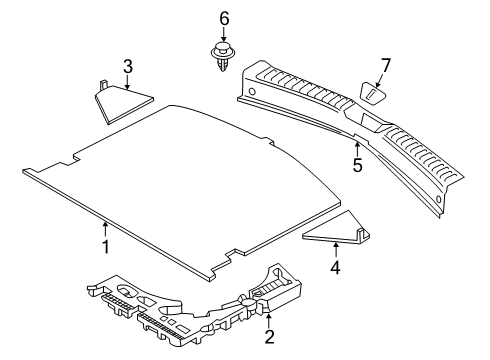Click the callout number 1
click(x=106, y=247)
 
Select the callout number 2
click(x=269, y=337)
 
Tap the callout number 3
click(x=128, y=66)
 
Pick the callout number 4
click(x=335, y=267)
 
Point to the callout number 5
click(x=358, y=165)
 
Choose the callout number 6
click(x=224, y=18)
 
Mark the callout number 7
click(x=385, y=66)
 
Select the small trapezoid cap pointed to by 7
click(x=372, y=94)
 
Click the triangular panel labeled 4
click(x=336, y=229)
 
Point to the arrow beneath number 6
click(x=224, y=34)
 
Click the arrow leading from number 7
click(x=379, y=81)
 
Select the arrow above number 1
click(x=106, y=230)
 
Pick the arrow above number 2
click(x=269, y=320)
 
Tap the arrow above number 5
click(x=357, y=149)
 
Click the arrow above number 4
click(x=336, y=250)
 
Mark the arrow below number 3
click(x=128, y=82)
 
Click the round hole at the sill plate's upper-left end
click(x=252, y=91)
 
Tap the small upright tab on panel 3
click(x=104, y=85)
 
